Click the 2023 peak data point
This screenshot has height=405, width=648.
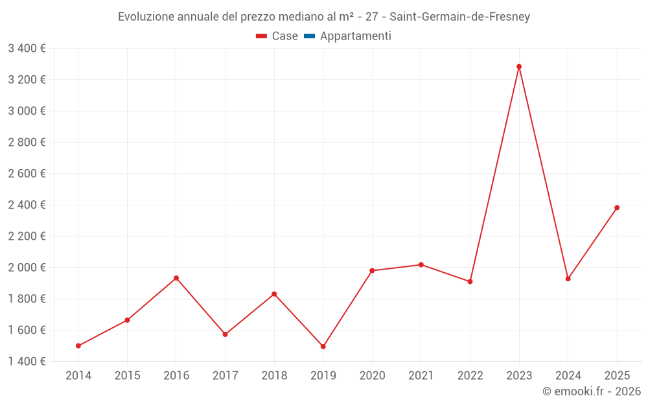coord(519,67)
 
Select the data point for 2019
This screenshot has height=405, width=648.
coord(323,347)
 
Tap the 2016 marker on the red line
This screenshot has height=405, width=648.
coord(176,278)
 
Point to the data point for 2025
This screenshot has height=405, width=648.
coord(617,208)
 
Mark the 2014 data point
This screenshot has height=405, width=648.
coord(78,346)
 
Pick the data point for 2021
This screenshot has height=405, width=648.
coord(421,265)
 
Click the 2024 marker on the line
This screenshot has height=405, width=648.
coord(568,279)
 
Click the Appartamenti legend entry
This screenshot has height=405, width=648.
coord(355,36)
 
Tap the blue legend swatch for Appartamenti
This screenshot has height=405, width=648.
coord(309,36)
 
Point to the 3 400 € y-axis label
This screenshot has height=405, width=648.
coord(27,48)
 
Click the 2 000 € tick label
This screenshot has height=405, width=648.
coord(27,268)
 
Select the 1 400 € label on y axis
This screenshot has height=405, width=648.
coord(27,362)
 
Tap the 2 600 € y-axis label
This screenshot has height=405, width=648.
coord(27,174)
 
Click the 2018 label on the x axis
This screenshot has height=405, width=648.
coord(274,376)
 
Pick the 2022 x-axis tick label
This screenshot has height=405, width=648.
coord(470,376)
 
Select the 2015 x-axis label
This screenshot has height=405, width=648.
coord(127,376)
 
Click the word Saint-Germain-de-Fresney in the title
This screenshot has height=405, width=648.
coord(459,17)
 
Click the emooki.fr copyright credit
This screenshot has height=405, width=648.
coord(592,391)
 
